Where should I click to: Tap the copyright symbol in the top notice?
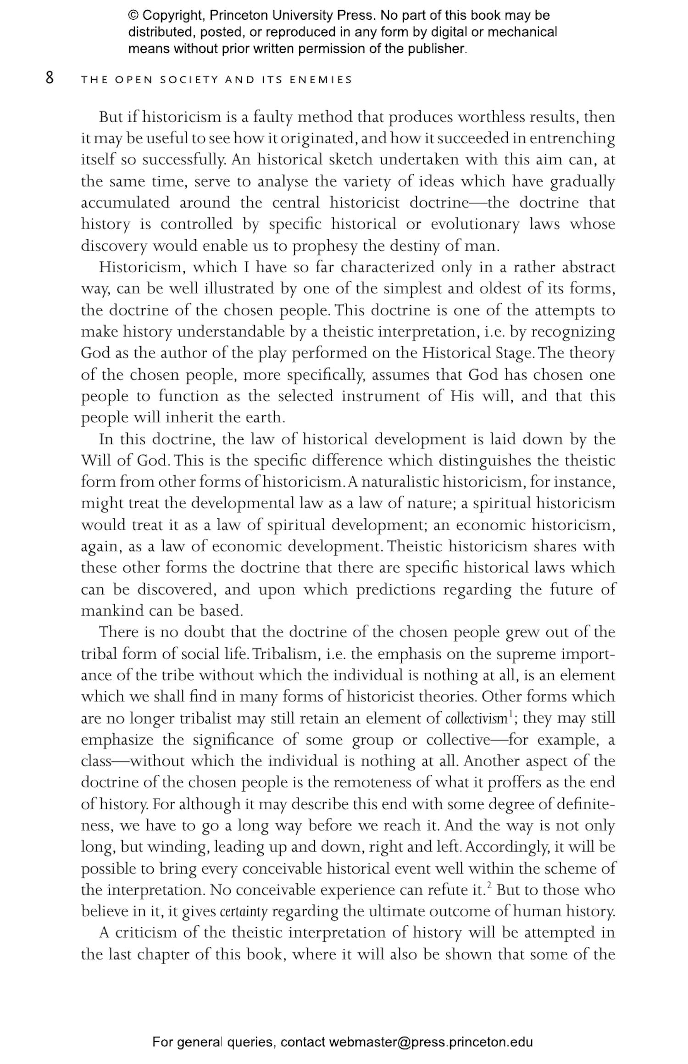coord(133,16)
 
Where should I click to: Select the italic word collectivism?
coord(476,718)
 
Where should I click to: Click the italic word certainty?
coord(244,911)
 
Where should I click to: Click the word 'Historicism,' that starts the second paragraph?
coord(142,267)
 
